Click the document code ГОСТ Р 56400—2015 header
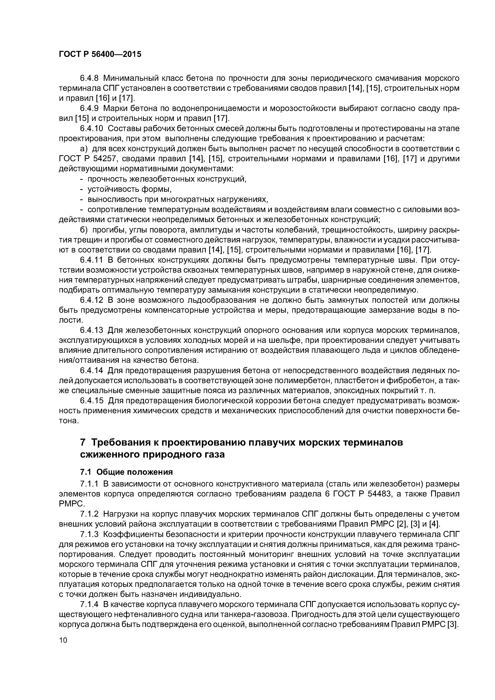point(100,54)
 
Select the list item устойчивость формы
point(130,189)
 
